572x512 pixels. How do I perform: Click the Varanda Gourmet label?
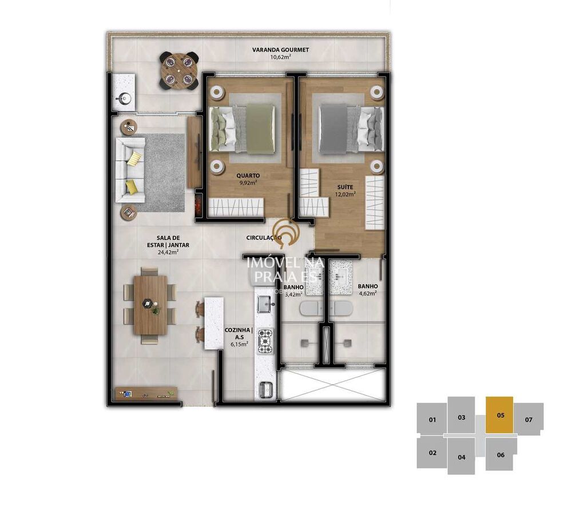(x=280, y=53)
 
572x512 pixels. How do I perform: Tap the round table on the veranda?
(x=179, y=70)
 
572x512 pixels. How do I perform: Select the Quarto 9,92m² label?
(x=248, y=179)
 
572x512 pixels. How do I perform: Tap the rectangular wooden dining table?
(x=150, y=305)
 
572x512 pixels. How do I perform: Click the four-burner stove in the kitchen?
(x=266, y=341)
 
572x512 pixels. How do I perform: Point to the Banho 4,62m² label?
(x=367, y=290)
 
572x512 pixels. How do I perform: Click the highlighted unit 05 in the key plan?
(x=499, y=415)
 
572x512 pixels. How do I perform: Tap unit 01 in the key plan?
(x=432, y=420)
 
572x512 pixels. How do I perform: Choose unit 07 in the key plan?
(x=529, y=419)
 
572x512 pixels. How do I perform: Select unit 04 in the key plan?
(x=462, y=457)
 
